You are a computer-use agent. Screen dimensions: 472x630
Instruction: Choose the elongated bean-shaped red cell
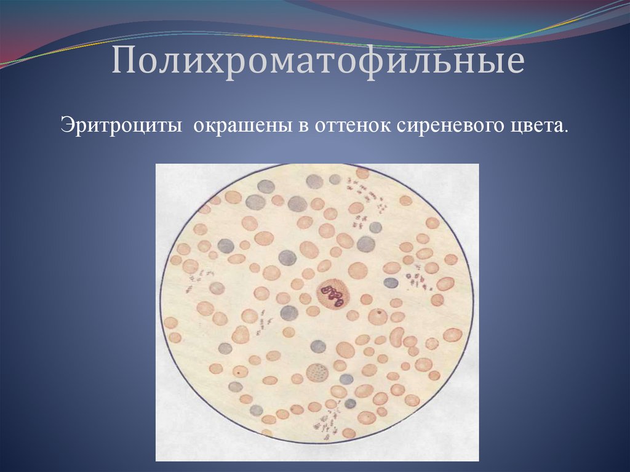tap(397, 337)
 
